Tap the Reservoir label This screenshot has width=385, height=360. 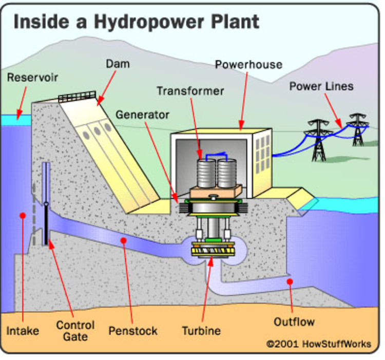coord(32,78)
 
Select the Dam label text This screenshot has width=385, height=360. coord(118,64)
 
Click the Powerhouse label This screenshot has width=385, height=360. coord(248,65)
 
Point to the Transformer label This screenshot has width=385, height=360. coord(190,91)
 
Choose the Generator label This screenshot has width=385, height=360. coord(142,115)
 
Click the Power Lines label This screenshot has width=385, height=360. coord(321,86)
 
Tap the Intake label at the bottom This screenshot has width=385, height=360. coord(23,330)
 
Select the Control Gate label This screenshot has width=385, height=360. coord(75,331)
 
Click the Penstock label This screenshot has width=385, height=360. coord(133,331)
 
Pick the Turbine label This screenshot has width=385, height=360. coord(201,331)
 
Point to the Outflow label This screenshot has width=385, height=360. coord(294,323)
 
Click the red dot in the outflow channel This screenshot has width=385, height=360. coord(290,281)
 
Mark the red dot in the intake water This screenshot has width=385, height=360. coord(22,215)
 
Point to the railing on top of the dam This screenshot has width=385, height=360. coord(77,97)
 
